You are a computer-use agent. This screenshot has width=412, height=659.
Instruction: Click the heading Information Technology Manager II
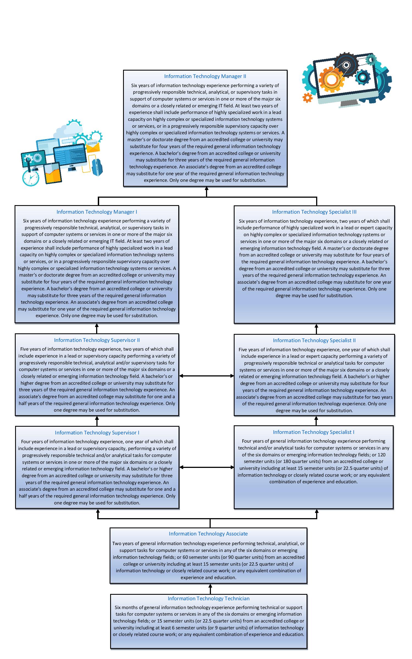pyautogui.click(x=205, y=76)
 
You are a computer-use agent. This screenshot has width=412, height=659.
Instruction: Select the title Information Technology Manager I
pyautogui.click(x=97, y=212)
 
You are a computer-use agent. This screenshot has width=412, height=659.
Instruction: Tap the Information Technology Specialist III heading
pyautogui.click(x=314, y=212)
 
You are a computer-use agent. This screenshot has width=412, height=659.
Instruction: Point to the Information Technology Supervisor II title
pyautogui.click(x=97, y=340)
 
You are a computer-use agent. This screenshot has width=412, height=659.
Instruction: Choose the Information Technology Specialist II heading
pyautogui.click(x=314, y=340)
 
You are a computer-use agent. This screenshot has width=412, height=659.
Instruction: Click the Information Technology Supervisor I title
pyautogui.click(x=97, y=432)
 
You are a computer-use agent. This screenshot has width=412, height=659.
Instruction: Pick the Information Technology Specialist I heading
pyautogui.click(x=313, y=432)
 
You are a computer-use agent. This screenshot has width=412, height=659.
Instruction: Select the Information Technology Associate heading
pyautogui.click(x=208, y=534)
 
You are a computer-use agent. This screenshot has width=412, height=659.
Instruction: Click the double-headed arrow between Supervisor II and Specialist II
pyautogui.click(x=206, y=376)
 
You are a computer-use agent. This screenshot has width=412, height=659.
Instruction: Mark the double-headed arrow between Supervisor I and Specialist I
pyautogui.click(x=206, y=467)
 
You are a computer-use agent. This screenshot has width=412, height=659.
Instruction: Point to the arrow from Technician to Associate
pyautogui.click(x=210, y=589)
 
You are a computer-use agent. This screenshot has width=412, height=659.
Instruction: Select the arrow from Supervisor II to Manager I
pyautogui.click(x=97, y=328)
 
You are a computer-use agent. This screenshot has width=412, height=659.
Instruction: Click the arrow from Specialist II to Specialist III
pyautogui.click(x=316, y=329)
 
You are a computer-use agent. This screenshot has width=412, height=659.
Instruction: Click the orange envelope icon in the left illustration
pyautogui.click(x=93, y=147)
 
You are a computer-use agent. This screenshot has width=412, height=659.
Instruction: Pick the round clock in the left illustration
pyautogui.click(x=30, y=177)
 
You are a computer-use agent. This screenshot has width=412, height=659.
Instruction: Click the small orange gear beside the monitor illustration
pyautogui.click(x=307, y=98)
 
